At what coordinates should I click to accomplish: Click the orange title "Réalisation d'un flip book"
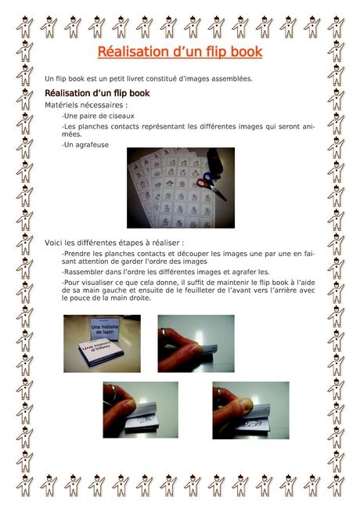coord(180,52)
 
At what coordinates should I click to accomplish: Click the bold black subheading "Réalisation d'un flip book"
coord(97,93)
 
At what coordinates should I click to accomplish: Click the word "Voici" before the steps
coord(53,243)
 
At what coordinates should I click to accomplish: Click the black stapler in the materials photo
coord(214,161)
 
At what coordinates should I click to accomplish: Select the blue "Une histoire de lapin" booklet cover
coord(104,329)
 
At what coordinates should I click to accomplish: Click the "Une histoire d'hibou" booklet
coord(96,352)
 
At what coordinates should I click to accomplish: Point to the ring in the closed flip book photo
coord(165,334)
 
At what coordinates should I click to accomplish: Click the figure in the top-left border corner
coord(24,27)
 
